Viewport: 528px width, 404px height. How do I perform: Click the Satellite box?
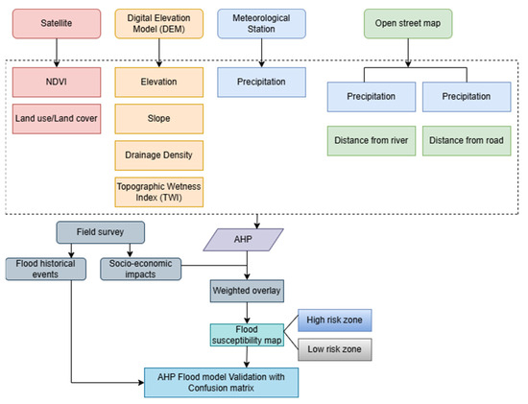[x=57, y=24]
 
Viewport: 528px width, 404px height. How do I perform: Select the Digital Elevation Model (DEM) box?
[x=159, y=24]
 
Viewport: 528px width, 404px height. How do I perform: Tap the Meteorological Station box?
[x=262, y=24]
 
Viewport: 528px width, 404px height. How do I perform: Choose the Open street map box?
[x=408, y=24]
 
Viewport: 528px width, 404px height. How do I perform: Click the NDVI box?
[x=57, y=83]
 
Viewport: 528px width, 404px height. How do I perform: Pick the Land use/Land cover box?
[x=57, y=119]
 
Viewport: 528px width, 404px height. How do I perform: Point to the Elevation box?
[x=159, y=83]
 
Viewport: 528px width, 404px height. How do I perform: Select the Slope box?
[x=159, y=119]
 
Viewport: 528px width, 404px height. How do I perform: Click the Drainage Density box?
[x=159, y=155]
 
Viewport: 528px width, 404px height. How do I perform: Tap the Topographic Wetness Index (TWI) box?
[x=159, y=192]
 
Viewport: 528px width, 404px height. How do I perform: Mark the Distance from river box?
[x=372, y=141]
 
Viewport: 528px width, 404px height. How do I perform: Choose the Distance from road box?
[x=467, y=141]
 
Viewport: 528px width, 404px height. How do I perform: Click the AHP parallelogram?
[x=243, y=240]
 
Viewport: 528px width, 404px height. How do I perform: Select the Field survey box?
[x=101, y=232]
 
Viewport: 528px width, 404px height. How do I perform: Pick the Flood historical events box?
[x=46, y=269]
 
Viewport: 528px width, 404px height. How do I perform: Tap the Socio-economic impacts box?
[x=141, y=269]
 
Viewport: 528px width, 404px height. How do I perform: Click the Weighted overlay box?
[x=247, y=291]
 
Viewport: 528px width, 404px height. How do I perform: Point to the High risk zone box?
[x=335, y=321]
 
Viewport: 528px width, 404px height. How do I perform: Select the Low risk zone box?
[x=335, y=349]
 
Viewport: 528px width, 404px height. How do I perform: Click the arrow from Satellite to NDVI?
[x=57, y=53]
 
